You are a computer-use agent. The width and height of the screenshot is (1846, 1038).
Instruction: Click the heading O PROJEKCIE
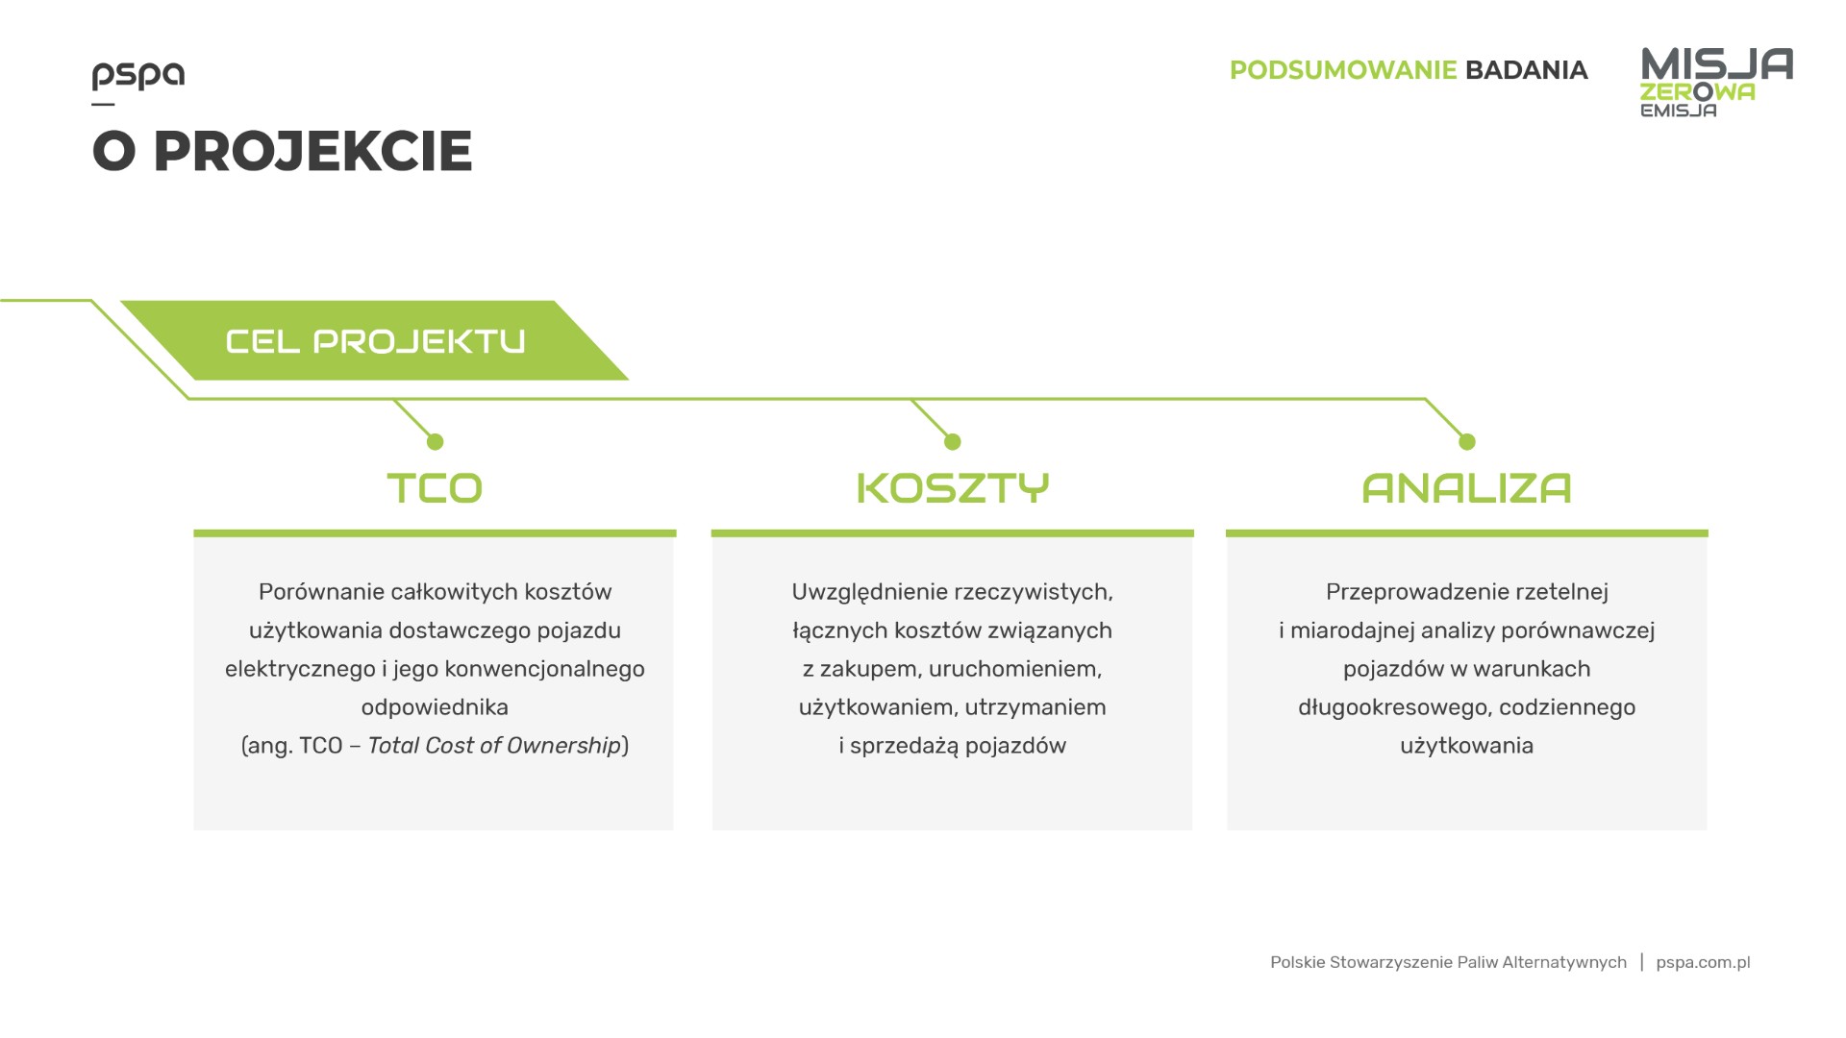click(x=283, y=151)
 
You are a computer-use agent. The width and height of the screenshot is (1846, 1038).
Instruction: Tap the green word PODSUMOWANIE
click(x=1343, y=70)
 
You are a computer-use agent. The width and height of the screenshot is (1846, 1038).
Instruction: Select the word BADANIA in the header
click(x=1526, y=70)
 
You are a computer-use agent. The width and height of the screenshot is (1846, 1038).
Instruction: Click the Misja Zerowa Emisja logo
click(x=1716, y=83)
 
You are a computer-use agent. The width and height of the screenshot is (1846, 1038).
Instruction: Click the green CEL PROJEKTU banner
click(x=375, y=341)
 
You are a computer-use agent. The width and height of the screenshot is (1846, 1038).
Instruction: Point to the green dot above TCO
click(x=435, y=442)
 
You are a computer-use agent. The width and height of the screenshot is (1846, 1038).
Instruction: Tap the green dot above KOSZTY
click(x=952, y=442)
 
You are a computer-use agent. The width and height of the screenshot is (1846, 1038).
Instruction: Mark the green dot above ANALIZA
click(x=1466, y=442)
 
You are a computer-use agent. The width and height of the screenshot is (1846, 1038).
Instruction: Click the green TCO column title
click(x=435, y=488)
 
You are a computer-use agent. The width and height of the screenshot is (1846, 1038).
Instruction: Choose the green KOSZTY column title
click(x=952, y=488)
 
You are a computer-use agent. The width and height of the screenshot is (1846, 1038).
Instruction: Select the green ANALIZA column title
click(x=1466, y=488)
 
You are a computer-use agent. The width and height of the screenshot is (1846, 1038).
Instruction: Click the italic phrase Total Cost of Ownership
click(x=494, y=746)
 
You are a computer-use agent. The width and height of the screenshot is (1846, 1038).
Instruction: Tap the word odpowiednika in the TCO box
click(x=435, y=707)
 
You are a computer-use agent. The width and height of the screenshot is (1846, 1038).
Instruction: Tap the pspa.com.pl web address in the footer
click(x=1703, y=963)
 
